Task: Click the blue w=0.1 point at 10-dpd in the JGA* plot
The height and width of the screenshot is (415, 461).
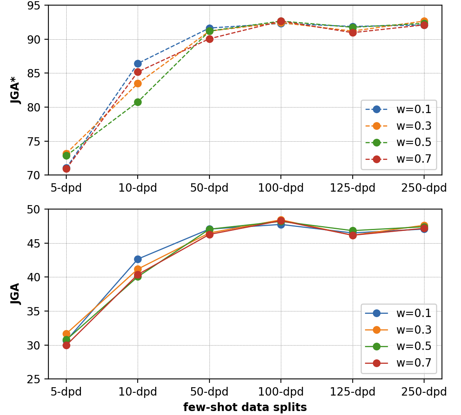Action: pyautogui.click(x=138, y=63)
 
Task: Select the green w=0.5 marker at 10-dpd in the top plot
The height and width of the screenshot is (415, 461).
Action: pyautogui.click(x=138, y=102)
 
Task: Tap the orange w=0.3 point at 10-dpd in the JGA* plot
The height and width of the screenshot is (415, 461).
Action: pyautogui.click(x=138, y=83)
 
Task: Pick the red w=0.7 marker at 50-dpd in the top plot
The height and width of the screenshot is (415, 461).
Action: pyautogui.click(x=209, y=39)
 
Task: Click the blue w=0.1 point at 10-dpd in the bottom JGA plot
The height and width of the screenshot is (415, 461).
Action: pyautogui.click(x=138, y=259)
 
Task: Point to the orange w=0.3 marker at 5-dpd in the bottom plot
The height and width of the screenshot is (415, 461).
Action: pyautogui.click(x=66, y=334)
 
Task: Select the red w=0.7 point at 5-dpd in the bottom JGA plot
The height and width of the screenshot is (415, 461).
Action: pyautogui.click(x=66, y=345)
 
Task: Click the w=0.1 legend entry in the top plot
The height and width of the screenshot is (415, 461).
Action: pyautogui.click(x=398, y=109)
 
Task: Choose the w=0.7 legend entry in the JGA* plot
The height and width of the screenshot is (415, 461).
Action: pyautogui.click(x=398, y=159)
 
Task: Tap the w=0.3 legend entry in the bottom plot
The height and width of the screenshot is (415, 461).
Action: pyautogui.click(x=398, y=330)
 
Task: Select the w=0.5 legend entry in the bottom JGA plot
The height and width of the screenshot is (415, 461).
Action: pyautogui.click(x=398, y=346)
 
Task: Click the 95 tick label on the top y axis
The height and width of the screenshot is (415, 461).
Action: pyautogui.click(x=37, y=6)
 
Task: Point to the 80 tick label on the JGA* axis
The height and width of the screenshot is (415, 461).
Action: pyautogui.click(x=37, y=108)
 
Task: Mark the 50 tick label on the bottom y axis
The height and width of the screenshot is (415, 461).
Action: pyautogui.click(x=37, y=209)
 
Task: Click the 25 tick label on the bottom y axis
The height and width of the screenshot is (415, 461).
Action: pyautogui.click(x=37, y=379)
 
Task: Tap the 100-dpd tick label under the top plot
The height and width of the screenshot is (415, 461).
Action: pyautogui.click(x=281, y=188)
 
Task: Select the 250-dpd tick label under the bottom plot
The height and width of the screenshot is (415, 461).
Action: pyautogui.click(x=424, y=392)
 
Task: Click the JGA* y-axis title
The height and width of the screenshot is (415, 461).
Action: pyautogui.click(x=16, y=90)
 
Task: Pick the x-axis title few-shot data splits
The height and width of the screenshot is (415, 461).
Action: pyautogui.click(x=245, y=407)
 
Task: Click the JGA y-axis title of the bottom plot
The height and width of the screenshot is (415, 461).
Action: pyautogui.click(x=16, y=294)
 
